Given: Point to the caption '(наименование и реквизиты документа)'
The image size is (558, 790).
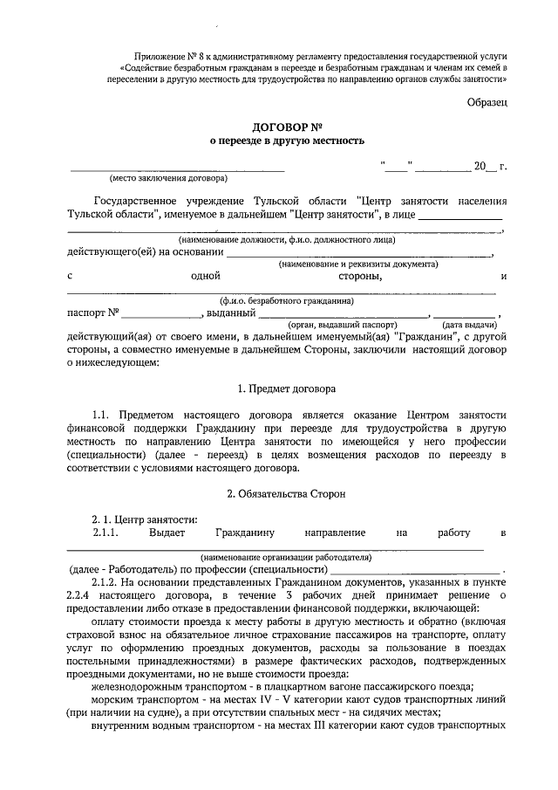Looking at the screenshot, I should click(358, 264).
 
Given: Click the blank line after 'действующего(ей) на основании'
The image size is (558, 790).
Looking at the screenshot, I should click(358, 252).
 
